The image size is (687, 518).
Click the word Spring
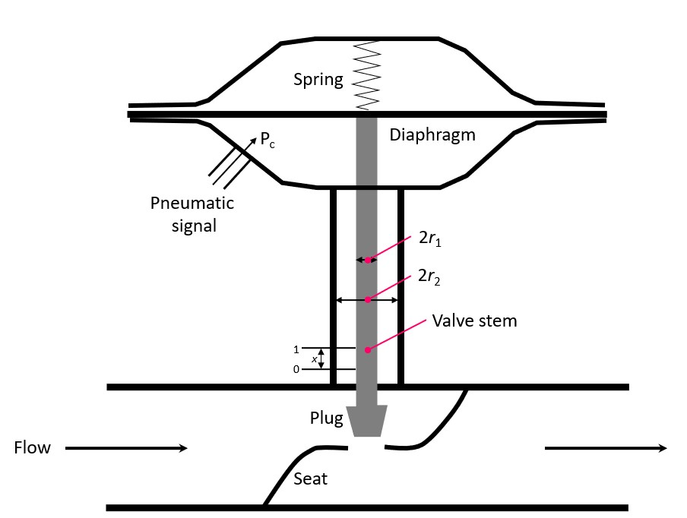click(318, 79)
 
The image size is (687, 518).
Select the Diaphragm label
click(432, 135)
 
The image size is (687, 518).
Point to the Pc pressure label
click(267, 140)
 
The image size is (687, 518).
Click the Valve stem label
click(474, 321)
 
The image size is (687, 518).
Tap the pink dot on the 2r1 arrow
click(368, 260)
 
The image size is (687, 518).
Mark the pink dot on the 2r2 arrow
click(368, 300)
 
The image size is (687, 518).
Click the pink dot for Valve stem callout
click(368, 350)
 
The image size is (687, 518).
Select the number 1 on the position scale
click(296, 349)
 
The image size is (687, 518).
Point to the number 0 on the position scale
click(296, 369)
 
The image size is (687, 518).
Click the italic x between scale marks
click(314, 359)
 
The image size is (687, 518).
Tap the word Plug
click(325, 418)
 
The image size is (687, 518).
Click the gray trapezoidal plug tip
click(368, 422)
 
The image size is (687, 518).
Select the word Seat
click(311, 479)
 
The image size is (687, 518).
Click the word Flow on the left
click(33, 448)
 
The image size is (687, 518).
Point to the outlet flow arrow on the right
click(606, 448)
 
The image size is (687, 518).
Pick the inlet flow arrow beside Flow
click(126, 448)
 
